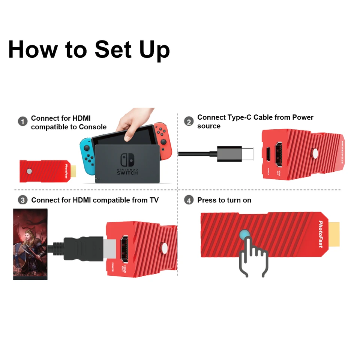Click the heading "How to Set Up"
pos(89,49)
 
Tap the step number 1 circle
pos(23,121)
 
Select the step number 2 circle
pos(189,121)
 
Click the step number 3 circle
pos(23,200)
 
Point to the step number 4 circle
pos(189,200)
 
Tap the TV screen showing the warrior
pos(30,244)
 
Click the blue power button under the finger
pos(244,234)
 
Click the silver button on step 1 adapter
pos(29,171)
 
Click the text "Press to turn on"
pos(224,200)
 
